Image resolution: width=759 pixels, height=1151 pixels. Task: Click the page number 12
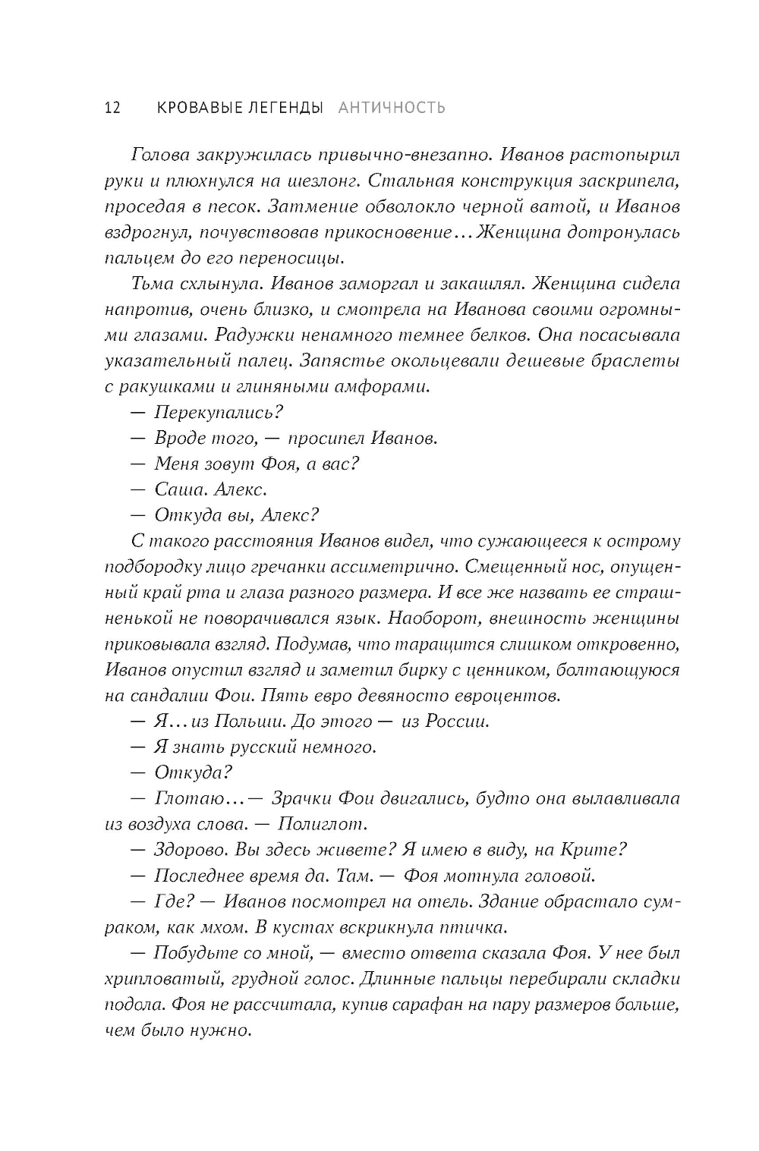click(x=111, y=108)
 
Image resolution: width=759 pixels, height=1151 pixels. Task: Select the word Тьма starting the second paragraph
click(x=150, y=284)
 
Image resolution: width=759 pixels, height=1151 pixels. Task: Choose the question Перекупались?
click(x=219, y=413)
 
